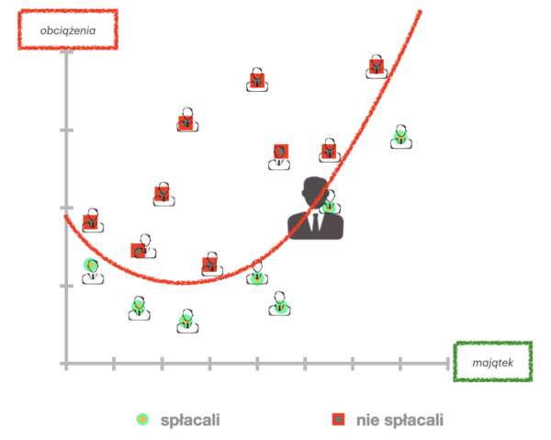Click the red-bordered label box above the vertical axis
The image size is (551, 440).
click(x=68, y=28)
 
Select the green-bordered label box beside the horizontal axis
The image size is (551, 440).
click(x=492, y=362)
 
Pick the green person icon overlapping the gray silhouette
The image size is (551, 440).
click(x=329, y=203)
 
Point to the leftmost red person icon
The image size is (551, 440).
click(x=91, y=220)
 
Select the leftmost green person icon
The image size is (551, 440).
click(x=91, y=269)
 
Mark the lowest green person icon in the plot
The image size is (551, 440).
click(x=186, y=321)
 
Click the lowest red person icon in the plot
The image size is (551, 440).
click(x=211, y=265)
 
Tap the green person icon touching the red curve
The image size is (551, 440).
click(x=257, y=275)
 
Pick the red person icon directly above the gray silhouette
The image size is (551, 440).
click(x=329, y=151)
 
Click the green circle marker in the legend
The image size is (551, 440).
click(x=142, y=419)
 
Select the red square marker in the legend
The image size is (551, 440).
click(x=338, y=419)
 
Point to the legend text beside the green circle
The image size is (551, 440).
click(x=190, y=420)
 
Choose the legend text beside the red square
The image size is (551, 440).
click(x=399, y=420)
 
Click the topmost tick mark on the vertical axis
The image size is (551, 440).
click(x=66, y=52)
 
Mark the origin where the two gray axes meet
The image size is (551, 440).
click(x=66, y=364)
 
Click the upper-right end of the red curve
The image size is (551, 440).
click(x=421, y=10)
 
